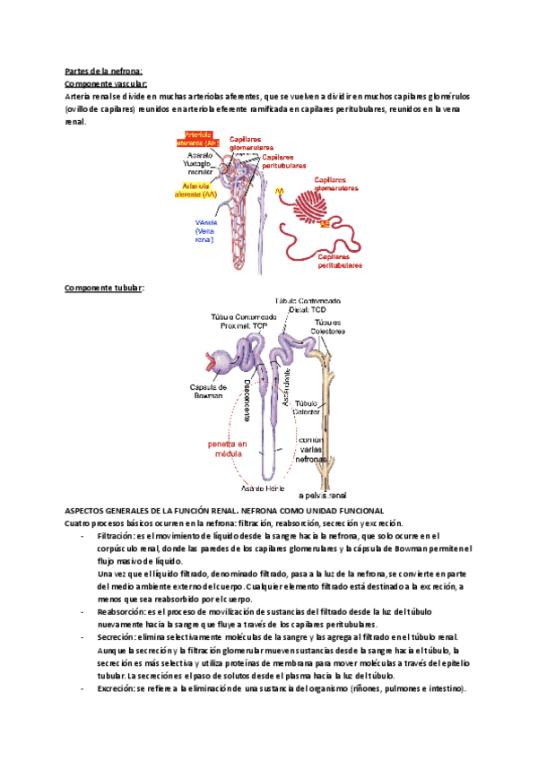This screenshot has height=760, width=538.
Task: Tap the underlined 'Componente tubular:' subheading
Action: coord(104,288)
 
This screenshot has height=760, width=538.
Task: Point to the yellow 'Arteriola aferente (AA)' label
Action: coord(196,189)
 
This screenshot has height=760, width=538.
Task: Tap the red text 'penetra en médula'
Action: coord(221,449)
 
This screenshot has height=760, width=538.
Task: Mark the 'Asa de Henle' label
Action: coord(264,488)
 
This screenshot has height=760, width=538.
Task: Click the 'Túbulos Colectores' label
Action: coord(328,327)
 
